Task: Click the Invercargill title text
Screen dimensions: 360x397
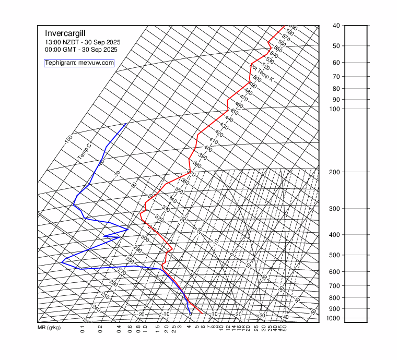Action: click(68, 32)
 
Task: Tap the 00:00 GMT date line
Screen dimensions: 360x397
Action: click(81, 50)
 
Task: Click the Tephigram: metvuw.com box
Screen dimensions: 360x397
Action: click(79, 63)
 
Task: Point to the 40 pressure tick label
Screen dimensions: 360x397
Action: click(336, 26)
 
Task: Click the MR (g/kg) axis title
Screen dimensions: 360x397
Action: click(49, 328)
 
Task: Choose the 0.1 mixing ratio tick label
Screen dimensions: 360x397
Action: click(83, 329)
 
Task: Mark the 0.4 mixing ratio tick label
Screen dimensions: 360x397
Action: click(119, 329)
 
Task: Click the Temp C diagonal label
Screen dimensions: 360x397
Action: click(84, 151)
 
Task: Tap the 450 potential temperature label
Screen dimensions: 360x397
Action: click(234, 112)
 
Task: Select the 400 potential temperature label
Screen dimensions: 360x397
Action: click(208, 149)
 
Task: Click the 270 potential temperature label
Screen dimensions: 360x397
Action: click(122, 272)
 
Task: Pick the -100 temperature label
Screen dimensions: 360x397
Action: click(68, 139)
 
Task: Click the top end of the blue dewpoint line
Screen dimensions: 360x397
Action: click(126, 124)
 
